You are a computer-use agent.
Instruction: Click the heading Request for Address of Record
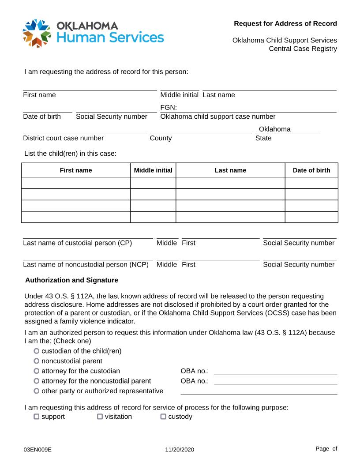(285, 23)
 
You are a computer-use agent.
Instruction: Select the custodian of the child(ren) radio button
(36, 351)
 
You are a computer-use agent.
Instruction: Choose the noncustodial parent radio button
(36, 361)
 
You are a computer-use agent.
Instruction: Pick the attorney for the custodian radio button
(36, 371)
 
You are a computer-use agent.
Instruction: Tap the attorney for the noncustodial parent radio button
(36, 381)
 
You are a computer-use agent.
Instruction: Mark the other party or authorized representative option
(36, 391)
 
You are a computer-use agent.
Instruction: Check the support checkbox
(37, 417)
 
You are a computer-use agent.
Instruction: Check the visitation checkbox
(100, 417)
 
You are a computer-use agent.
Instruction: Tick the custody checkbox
(163, 417)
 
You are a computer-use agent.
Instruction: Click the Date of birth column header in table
(311, 170)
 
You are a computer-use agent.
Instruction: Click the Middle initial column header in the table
(153, 170)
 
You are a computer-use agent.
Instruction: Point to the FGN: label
(169, 107)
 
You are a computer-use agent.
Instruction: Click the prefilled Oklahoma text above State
(274, 129)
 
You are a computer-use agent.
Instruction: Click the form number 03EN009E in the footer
(38, 450)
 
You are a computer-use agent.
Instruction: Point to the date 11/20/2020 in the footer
(180, 450)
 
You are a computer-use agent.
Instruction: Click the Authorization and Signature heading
(71, 280)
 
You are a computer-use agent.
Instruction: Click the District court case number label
(63, 138)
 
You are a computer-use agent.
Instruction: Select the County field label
(161, 138)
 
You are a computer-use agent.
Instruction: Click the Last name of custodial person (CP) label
(77, 243)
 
